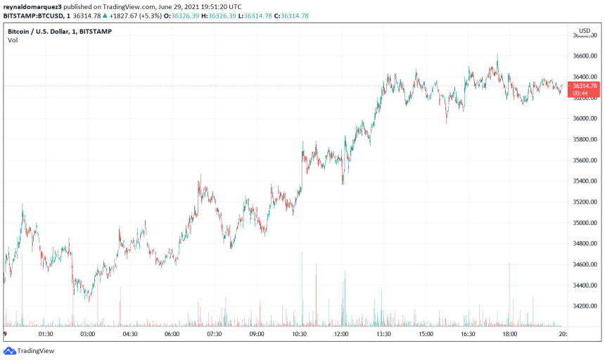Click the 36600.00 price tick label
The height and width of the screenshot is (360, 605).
coord(585,56)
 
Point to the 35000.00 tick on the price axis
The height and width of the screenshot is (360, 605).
coord(585,223)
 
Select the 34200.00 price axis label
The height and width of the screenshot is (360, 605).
coord(585,306)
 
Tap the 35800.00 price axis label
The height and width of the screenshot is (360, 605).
coord(585,139)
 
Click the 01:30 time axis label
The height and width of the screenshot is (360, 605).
coord(46,335)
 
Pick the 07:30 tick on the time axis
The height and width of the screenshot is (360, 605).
coord(215,335)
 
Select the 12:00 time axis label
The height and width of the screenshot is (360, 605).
coord(341,335)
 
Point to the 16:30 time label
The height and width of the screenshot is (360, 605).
coord(468,335)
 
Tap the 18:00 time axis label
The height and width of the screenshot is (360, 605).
coord(510,335)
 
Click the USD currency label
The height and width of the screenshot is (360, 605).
coord(585,31)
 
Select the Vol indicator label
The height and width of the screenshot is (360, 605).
coord(13,41)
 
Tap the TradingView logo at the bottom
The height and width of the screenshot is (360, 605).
coord(29,350)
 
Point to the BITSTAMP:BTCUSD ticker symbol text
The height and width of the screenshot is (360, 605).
coord(30,15)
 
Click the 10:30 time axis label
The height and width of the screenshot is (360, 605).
coord(299,335)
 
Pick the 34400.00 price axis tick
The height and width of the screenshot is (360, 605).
coord(585,285)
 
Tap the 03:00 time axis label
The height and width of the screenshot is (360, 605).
coord(88,335)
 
